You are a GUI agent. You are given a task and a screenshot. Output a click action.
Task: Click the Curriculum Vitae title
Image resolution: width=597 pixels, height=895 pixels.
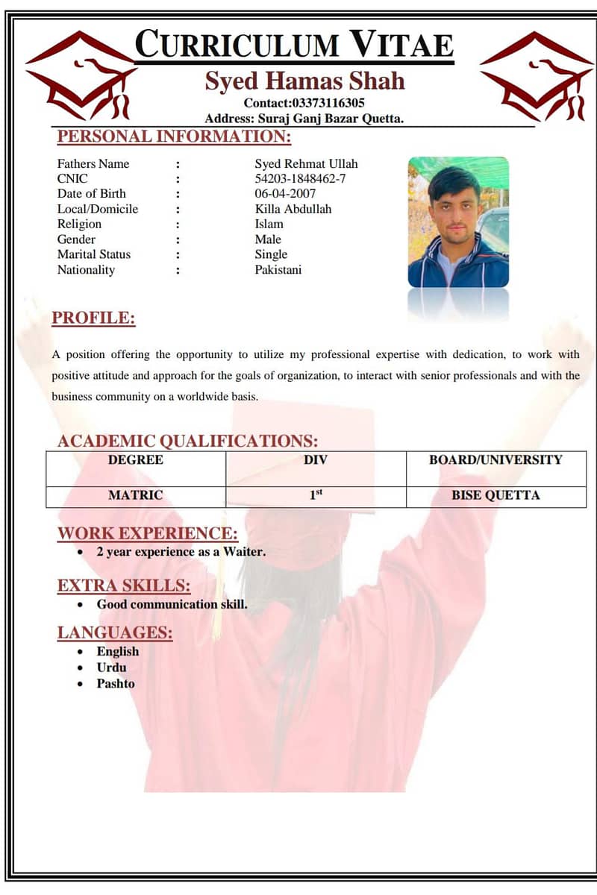click(294, 44)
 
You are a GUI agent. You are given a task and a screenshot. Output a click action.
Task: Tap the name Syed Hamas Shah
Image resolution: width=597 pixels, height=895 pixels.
click(304, 81)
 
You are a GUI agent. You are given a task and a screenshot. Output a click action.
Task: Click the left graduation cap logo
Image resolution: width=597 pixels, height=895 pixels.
click(81, 75)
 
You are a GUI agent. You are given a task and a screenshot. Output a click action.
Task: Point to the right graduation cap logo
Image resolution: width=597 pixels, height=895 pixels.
click(535, 75)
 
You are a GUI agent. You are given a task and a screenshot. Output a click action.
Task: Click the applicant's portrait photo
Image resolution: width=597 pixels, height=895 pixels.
click(458, 222)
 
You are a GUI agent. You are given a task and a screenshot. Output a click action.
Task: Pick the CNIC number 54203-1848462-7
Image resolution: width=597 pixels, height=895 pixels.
click(300, 179)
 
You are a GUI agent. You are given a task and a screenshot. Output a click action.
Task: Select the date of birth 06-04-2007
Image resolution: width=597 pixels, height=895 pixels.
click(285, 194)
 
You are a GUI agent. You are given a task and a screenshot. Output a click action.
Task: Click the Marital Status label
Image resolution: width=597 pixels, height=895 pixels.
click(93, 254)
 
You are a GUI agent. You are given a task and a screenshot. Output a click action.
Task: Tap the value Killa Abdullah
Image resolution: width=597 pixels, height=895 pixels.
click(293, 209)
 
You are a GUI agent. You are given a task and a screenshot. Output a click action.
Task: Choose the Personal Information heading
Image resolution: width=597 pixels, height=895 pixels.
click(174, 136)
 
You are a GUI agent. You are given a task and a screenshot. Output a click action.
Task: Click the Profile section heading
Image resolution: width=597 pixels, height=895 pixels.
click(93, 318)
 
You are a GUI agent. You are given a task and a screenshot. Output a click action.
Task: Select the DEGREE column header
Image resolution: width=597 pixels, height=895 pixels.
click(136, 459)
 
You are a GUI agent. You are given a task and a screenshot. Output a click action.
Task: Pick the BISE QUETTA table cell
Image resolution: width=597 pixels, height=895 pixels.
click(496, 495)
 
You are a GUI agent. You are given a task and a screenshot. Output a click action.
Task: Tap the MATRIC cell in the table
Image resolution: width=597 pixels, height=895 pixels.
click(136, 495)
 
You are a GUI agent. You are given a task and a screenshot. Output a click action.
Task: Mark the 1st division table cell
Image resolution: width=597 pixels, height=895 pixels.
click(316, 494)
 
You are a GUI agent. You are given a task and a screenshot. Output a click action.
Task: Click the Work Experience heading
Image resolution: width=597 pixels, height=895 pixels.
click(148, 533)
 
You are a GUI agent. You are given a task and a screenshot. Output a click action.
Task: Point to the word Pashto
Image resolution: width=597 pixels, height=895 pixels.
click(116, 683)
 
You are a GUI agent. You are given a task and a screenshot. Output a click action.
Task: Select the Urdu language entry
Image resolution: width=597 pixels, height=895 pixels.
click(111, 668)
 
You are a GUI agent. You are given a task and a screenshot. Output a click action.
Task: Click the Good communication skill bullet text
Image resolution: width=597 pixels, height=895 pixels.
click(172, 604)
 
